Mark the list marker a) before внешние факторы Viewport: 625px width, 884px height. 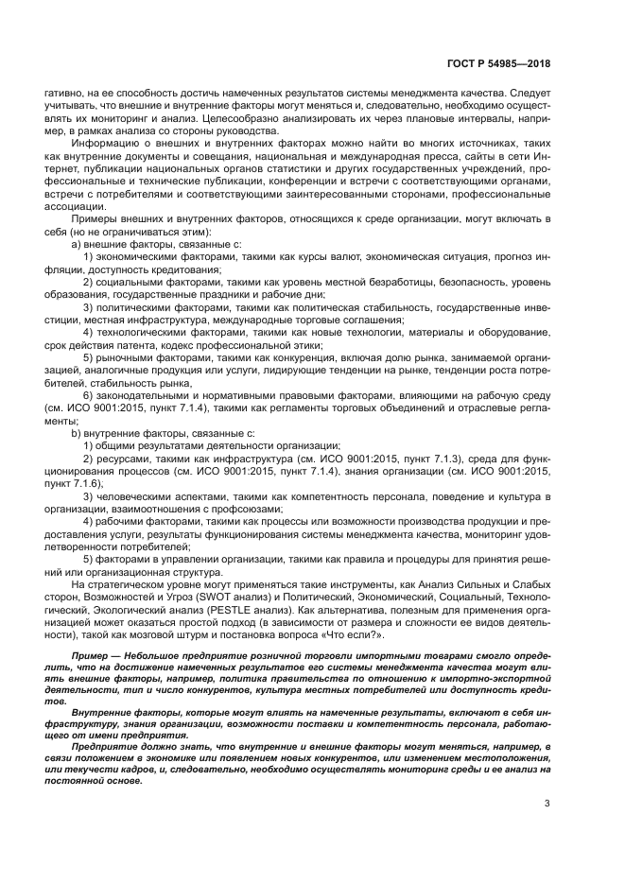(x=78, y=244)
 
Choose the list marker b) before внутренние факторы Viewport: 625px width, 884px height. (x=78, y=430)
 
